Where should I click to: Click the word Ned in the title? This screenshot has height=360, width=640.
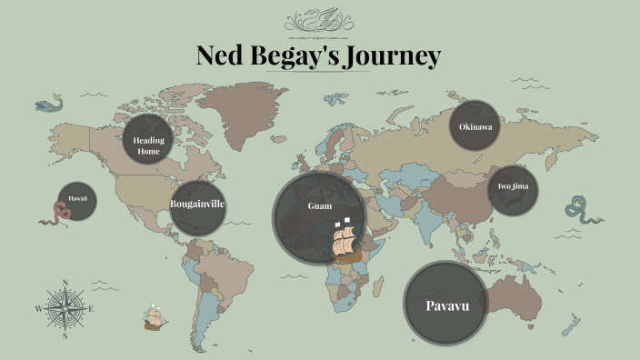pos(222,55)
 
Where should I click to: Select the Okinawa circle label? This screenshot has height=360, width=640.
pos(475,127)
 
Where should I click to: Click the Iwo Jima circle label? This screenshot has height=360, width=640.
pos(513,187)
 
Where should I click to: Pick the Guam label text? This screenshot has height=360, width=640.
pos(319,206)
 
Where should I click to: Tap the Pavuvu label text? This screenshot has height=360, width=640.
pos(446,305)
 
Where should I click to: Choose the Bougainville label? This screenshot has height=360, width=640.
pos(197,204)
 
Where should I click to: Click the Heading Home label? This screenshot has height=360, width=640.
pos(147,145)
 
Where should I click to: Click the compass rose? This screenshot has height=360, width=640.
pos(65,308)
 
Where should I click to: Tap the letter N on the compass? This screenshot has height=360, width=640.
pos(65,283)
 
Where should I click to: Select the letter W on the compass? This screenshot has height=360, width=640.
pos(38,309)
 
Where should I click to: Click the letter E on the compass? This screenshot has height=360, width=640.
pos(92,309)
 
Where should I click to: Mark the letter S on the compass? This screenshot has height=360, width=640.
pos(65,335)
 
